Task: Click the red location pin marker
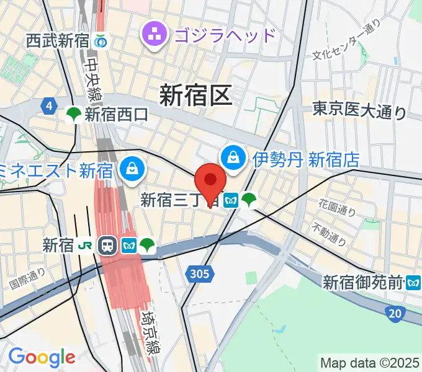(x=210, y=182)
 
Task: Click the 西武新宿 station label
(x=58, y=42)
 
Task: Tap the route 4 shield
(x=48, y=106)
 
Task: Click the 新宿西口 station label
(x=117, y=114)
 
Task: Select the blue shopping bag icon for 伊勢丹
(x=233, y=157)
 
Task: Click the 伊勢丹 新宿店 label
(x=306, y=159)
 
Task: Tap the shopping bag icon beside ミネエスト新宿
(x=132, y=167)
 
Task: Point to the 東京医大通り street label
(x=359, y=111)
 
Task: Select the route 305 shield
(x=200, y=273)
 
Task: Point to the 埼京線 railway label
(x=149, y=331)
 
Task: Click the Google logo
(x=42, y=357)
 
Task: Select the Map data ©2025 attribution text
(x=370, y=362)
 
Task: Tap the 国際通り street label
(x=28, y=278)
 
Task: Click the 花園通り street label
(x=338, y=208)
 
